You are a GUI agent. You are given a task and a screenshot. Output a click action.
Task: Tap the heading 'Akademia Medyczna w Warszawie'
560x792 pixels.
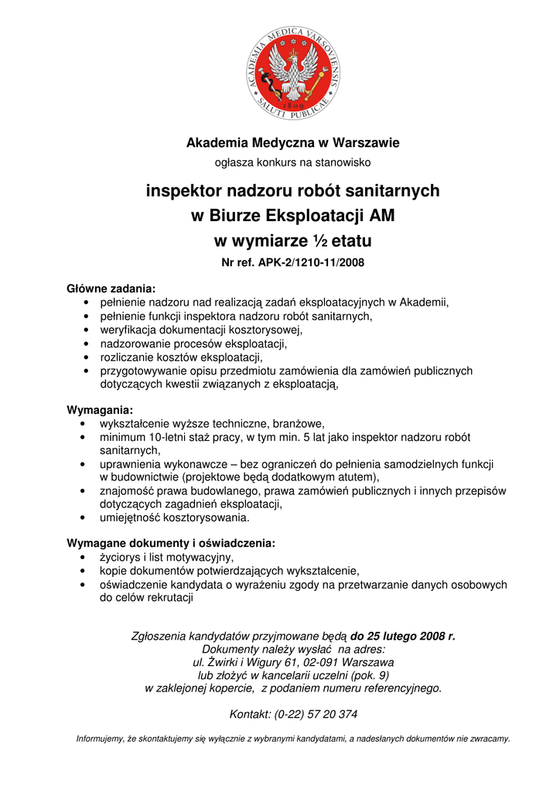[292, 143]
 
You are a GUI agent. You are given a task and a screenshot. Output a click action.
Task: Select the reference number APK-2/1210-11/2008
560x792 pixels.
[312, 262]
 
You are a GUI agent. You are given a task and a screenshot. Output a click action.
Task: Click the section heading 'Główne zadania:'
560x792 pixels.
[111, 288]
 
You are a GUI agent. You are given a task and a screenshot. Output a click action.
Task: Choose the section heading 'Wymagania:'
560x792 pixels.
[100, 409]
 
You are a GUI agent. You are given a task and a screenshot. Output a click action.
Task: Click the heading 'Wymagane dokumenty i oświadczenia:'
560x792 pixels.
[171, 542]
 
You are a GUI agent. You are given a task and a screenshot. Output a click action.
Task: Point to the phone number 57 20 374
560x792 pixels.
[331, 714]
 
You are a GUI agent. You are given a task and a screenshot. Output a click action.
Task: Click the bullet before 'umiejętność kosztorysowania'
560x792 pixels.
[83, 517]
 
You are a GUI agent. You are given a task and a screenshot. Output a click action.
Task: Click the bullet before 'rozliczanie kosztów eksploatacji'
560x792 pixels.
[83, 357]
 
